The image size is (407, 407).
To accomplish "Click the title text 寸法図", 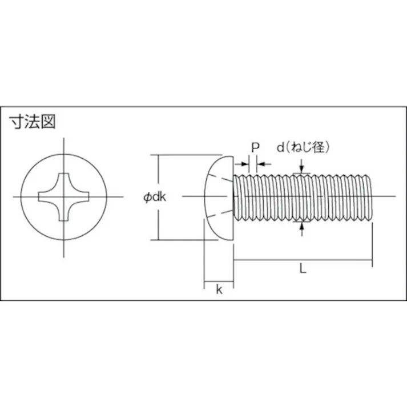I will coord(33,122).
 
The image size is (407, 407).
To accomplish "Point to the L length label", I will coord(303,268).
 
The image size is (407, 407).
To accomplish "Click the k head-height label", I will coord(219,289).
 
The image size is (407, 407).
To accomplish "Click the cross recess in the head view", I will coord(63,197).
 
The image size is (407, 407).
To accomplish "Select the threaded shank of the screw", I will coord(303,197).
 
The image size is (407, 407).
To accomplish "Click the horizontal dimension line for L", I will coord(331,261).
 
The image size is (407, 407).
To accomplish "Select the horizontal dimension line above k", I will coord(219,281).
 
